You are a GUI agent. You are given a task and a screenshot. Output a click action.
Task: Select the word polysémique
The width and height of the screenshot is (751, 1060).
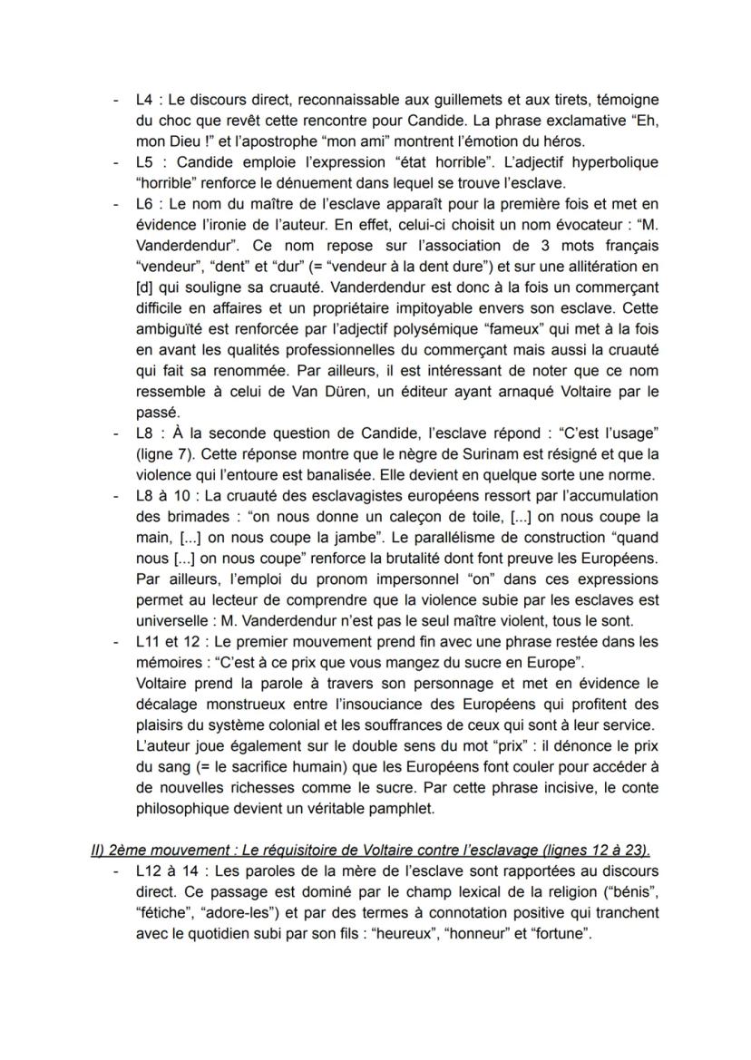(x=434, y=329)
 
